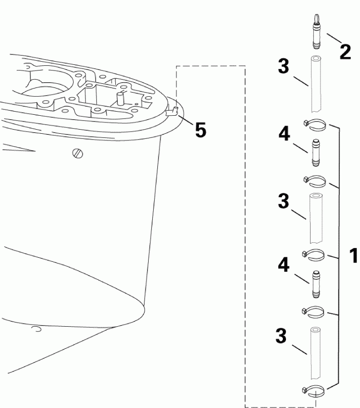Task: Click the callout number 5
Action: tap(201, 130)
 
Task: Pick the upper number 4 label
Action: tap(283, 135)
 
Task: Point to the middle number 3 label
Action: tap(283, 201)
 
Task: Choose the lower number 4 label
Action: tap(283, 266)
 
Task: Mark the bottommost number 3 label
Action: tap(281, 336)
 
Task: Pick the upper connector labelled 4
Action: tap(315, 152)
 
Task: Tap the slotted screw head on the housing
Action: tap(77, 153)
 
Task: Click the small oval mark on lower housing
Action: tap(35, 328)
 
